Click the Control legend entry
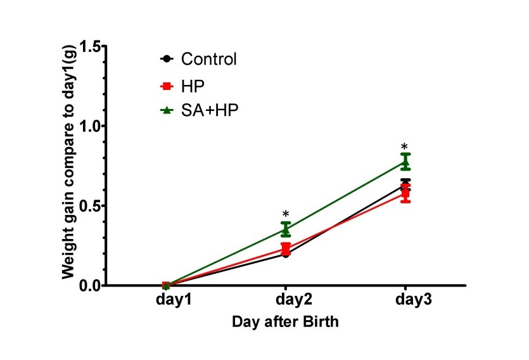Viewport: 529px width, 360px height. [x=208, y=60]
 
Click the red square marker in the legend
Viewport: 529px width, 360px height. [x=167, y=86]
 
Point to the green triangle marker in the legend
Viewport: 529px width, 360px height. [x=167, y=110]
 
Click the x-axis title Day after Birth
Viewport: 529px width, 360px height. [x=285, y=321]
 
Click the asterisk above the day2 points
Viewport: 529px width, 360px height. [x=286, y=214]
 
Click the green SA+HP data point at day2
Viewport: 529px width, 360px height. [x=286, y=229]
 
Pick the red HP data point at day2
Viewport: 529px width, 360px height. [x=286, y=248]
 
